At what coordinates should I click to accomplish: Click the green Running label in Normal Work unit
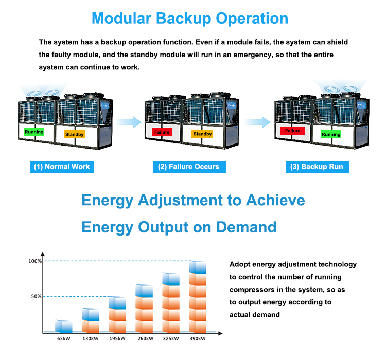click(34, 132)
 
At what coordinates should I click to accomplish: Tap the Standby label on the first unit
click(74, 134)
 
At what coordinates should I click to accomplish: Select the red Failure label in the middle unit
click(162, 132)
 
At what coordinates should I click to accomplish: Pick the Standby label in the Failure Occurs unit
click(202, 134)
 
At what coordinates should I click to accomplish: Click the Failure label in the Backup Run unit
click(293, 131)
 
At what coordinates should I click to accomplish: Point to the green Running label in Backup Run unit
click(331, 134)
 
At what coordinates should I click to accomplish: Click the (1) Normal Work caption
click(62, 167)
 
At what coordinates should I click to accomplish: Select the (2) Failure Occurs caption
click(189, 167)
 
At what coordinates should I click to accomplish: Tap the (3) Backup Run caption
click(317, 167)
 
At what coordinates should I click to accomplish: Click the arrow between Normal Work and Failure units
click(129, 122)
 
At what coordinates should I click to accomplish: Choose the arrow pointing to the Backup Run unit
click(258, 122)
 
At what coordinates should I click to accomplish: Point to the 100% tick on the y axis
click(35, 261)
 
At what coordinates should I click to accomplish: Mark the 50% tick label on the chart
click(36, 296)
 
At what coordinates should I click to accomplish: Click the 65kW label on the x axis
click(63, 338)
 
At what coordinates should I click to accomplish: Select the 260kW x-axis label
click(146, 338)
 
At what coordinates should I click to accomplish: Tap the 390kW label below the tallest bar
click(198, 338)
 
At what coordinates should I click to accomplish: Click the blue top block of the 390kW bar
click(198, 267)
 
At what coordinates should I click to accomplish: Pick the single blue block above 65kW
click(64, 326)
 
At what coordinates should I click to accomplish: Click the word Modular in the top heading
click(121, 19)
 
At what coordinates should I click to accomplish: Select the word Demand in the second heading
click(246, 227)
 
